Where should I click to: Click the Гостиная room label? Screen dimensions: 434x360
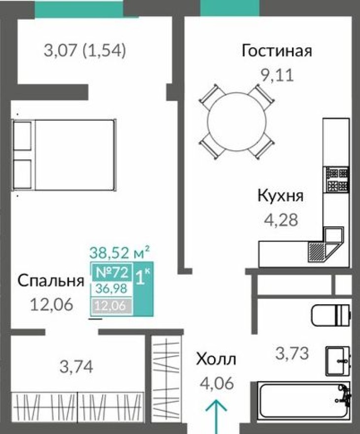click(277, 51)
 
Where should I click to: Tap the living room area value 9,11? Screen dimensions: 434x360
click(277, 76)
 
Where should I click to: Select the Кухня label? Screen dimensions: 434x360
click(281, 195)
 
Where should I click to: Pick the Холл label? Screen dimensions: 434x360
click(216, 359)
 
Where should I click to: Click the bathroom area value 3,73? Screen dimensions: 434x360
click(292, 353)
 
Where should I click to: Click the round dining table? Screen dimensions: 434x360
click(236, 122)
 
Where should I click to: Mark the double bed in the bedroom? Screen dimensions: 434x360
click(64, 155)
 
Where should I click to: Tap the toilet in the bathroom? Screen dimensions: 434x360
click(331, 314)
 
